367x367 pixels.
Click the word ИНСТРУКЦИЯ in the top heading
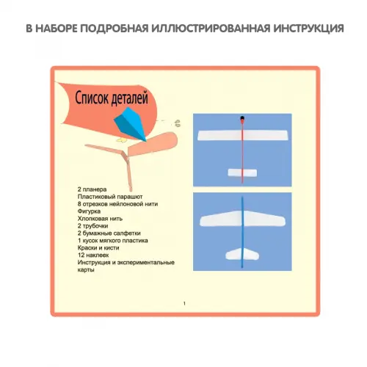308,29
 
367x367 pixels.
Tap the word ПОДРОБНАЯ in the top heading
114,29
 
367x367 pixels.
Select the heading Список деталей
112,98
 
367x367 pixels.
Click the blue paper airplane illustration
130,124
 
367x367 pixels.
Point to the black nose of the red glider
242,119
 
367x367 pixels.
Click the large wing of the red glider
242,135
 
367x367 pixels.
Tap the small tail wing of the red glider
242,172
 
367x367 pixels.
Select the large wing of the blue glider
242,218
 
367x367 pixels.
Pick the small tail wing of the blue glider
242,254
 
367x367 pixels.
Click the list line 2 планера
92,189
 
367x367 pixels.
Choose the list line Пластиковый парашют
110,197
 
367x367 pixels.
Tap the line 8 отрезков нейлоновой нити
117,204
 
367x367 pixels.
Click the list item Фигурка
89,211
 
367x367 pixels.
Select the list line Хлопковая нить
100,219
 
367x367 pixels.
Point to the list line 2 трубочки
92,226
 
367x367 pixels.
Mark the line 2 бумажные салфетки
109,233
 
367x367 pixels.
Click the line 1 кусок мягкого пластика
113,241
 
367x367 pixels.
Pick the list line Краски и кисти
98,248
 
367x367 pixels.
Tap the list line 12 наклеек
93,255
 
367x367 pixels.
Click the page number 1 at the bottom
184,303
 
